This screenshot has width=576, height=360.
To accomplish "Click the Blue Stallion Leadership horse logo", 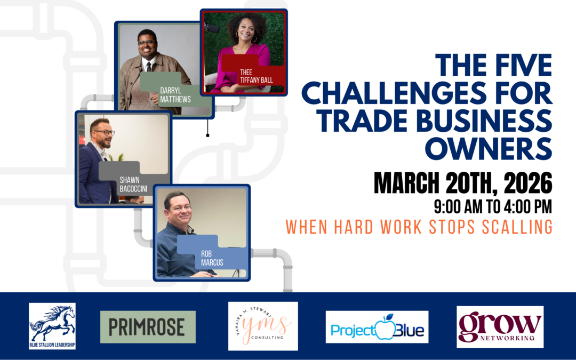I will [x=52, y=326].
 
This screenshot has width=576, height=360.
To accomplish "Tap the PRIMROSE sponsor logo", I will [x=148, y=327].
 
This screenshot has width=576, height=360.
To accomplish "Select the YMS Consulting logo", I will [x=263, y=326].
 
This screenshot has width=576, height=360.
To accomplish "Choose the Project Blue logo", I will [x=377, y=326].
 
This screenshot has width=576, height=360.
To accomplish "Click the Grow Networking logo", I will [x=500, y=326].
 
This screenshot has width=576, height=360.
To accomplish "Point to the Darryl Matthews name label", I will [x=175, y=95].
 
